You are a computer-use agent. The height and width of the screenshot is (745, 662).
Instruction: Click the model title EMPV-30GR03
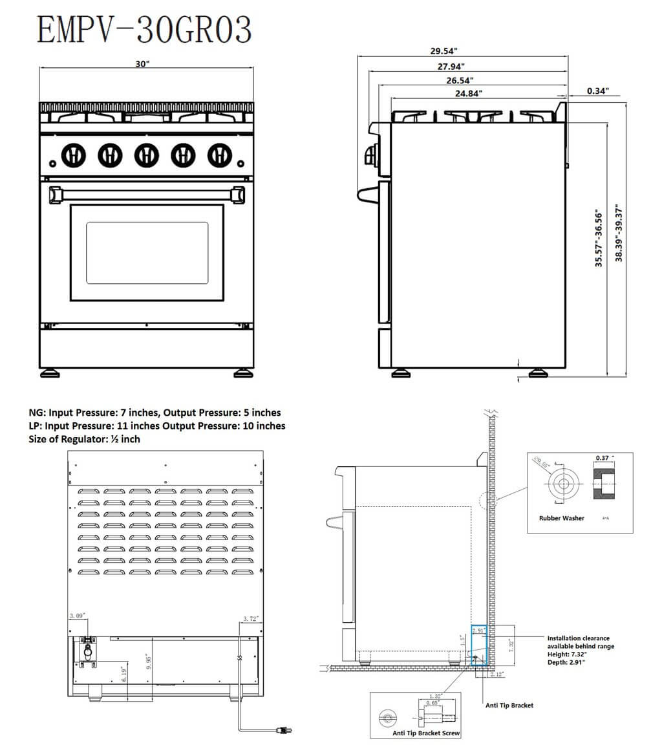point(144,30)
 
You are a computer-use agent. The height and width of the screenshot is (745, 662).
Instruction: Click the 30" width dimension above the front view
point(143,64)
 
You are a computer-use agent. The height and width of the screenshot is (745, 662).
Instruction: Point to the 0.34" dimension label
point(597,91)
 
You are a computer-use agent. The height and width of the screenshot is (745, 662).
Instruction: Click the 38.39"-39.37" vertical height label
point(619,234)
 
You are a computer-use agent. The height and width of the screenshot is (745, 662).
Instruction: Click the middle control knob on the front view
point(147,155)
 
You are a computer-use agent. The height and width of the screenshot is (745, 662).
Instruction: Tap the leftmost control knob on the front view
point(73,155)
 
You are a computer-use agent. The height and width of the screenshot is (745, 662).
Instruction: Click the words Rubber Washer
point(561,518)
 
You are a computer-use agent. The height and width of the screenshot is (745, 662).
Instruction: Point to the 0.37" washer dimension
point(603,458)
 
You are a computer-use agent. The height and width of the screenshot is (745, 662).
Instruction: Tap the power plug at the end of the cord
point(283,730)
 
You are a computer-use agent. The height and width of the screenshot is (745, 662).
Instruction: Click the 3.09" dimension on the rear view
point(78,617)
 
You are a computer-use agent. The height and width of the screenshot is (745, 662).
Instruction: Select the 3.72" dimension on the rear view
point(251,619)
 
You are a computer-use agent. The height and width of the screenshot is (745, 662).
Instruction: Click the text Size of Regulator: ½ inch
point(85,439)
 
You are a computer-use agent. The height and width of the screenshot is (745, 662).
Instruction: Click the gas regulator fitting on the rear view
point(87,649)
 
